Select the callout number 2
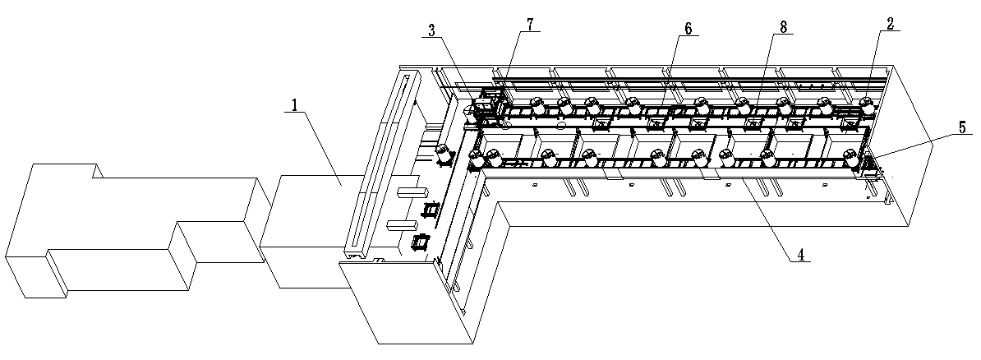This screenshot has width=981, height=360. coord(890,23)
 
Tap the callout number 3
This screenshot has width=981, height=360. coord(431,30)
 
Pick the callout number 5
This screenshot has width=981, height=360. coord(961,127)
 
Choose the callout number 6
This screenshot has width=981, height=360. coord(689,29)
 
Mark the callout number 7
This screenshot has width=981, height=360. coord(530,24)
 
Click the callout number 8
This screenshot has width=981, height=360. coord(783,26)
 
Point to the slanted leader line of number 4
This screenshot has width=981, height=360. coord(765,219)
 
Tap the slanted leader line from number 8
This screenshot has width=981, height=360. coord(764,73)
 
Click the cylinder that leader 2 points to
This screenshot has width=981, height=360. coord(867,104)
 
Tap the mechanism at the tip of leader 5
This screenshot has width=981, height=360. coord(867,163)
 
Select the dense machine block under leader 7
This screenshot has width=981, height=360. coord(486,104)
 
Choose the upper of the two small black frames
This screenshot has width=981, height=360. coord(431,209)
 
